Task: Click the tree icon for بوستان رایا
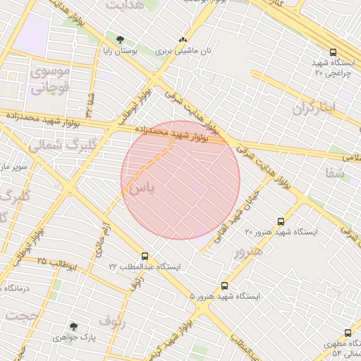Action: point(118,39)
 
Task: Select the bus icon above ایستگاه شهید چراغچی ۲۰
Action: point(333,52)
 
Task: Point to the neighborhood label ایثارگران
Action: point(314,108)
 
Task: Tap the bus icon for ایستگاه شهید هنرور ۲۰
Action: point(281,221)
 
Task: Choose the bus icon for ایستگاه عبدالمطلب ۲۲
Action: point(145,257)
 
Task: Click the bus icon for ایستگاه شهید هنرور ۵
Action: point(224,286)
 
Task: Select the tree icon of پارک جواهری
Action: point(73,326)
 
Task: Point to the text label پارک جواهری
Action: point(73,338)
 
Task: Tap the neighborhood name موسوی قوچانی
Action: point(49,80)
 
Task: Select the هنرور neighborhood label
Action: point(248,252)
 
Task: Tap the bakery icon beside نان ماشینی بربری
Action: point(183,40)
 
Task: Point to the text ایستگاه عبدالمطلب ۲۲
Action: point(145,267)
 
